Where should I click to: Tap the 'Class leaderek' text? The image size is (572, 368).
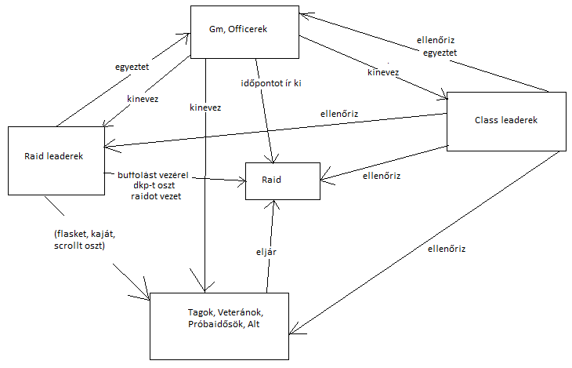point(505,119)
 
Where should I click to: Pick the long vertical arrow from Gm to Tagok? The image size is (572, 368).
point(205,196)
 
